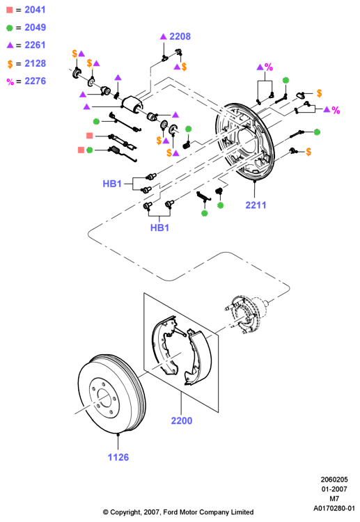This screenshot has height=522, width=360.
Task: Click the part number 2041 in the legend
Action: point(35,10)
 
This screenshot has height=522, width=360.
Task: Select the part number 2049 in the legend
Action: point(35,27)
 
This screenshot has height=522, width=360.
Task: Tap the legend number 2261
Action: point(35,45)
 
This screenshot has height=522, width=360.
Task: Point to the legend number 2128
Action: point(35,63)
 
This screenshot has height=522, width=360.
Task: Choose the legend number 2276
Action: point(35,81)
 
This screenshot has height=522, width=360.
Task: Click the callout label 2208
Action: point(180,36)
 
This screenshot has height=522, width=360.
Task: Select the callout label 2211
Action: point(256,205)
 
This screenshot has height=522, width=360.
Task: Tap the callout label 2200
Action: point(182,421)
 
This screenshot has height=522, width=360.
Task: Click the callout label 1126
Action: point(118,457)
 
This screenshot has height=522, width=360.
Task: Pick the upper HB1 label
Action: point(112,184)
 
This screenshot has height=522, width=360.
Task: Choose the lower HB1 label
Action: point(160,228)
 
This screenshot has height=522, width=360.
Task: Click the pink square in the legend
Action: point(10,10)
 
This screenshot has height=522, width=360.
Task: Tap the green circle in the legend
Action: point(10,28)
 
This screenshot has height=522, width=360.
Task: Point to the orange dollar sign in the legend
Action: point(10,64)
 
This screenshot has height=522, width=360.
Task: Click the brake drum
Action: point(111,394)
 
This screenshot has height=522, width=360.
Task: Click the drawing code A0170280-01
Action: point(334,509)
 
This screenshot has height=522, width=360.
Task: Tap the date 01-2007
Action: point(334,489)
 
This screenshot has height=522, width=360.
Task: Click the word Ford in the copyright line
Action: point(171,512)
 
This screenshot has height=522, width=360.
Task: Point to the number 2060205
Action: point(334,480)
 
